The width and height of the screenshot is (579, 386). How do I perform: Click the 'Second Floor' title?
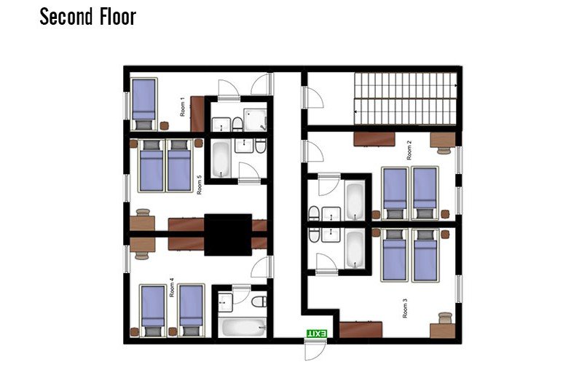(88, 17)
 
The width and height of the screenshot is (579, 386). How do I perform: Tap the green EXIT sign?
(317, 334)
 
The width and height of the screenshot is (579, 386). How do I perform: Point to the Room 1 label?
(182, 107)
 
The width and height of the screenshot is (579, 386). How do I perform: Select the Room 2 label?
(409, 150)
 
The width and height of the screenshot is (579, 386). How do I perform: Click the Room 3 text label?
(405, 308)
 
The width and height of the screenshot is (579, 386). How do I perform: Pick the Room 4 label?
(172, 288)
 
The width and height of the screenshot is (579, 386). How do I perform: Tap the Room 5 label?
(200, 185)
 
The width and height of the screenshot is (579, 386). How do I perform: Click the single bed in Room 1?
(144, 104)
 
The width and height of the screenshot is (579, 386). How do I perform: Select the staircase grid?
(406, 98)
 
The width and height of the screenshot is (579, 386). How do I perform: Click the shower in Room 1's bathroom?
(255, 119)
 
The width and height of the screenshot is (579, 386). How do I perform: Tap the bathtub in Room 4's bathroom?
(243, 327)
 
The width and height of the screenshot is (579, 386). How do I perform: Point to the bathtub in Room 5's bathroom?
(221, 159)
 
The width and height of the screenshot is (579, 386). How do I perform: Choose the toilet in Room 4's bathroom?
(259, 302)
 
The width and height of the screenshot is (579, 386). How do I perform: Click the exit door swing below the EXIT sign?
(315, 350)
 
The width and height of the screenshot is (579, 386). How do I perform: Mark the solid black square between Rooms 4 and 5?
(228, 235)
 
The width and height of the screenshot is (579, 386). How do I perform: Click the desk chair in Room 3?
(445, 318)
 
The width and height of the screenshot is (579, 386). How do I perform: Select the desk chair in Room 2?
(444, 150)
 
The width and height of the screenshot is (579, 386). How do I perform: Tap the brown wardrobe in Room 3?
(361, 329)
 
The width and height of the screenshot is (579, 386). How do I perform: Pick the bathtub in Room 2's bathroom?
(355, 200)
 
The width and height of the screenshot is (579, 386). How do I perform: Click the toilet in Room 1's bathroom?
(237, 124)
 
